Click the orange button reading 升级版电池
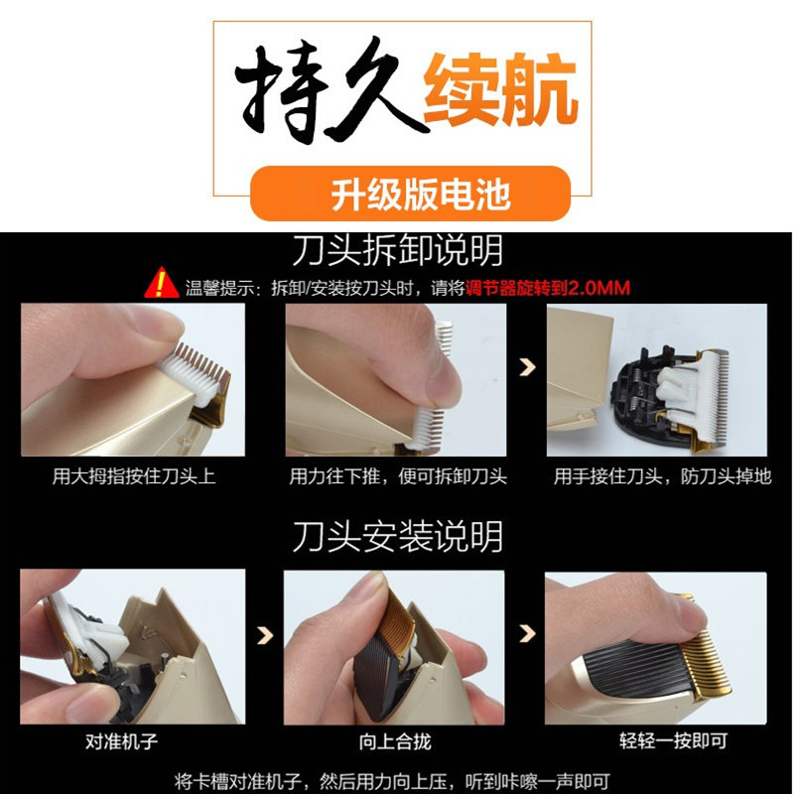[x=410, y=193]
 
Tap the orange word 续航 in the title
[x=501, y=89]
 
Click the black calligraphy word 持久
[x=330, y=89]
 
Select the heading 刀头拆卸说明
[x=398, y=250]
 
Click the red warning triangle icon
[x=162, y=283]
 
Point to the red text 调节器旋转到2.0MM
[x=548, y=288]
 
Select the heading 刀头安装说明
[x=398, y=536]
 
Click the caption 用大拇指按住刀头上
[x=134, y=476]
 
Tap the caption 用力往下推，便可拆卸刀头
[x=398, y=476]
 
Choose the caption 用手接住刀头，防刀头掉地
[x=662, y=476]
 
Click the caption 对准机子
[x=121, y=741]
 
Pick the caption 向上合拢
[x=395, y=741]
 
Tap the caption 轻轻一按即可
[x=674, y=740]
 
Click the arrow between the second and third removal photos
[x=527, y=367]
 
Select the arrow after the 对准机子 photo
[x=265, y=635]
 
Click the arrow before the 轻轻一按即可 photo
[x=527, y=633]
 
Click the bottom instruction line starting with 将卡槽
[x=392, y=781]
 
